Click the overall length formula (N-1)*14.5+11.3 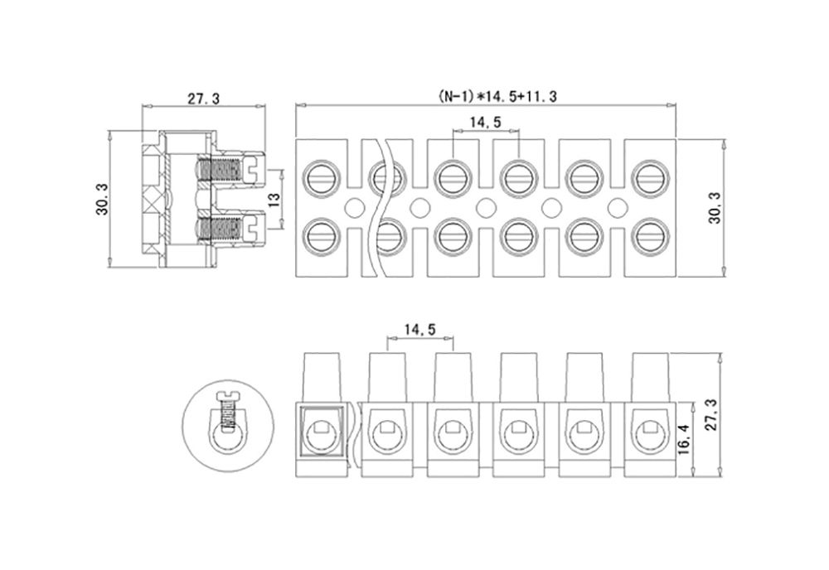click(x=497, y=97)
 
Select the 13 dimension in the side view click(x=274, y=199)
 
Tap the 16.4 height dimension click(x=684, y=440)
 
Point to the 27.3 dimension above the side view click(x=203, y=99)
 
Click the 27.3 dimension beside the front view click(x=712, y=415)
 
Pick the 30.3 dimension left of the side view click(x=102, y=199)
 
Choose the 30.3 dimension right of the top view click(x=715, y=208)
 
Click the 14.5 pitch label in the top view click(x=486, y=123)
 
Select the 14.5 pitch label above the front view click(x=420, y=331)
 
